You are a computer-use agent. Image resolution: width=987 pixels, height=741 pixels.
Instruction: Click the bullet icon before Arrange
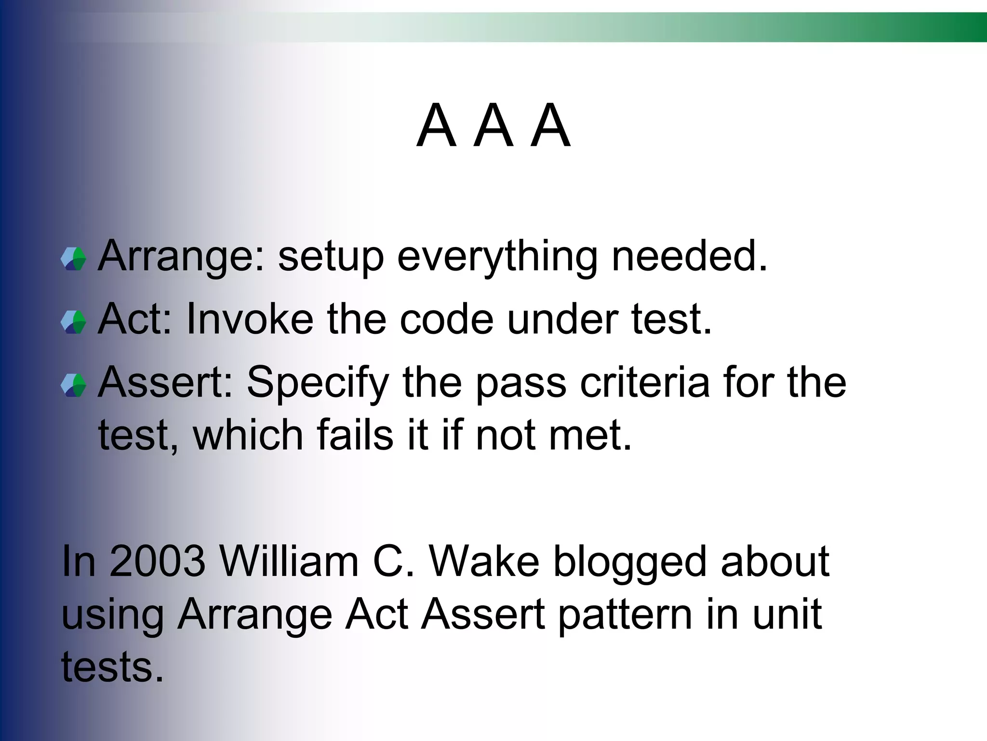[x=74, y=259]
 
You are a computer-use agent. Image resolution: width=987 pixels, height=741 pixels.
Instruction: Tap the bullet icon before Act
[x=74, y=322]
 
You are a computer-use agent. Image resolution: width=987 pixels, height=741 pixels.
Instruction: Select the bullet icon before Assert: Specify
[x=74, y=385]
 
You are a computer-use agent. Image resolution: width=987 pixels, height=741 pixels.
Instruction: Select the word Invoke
[x=249, y=319]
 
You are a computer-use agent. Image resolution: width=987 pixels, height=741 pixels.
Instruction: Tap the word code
[x=446, y=319]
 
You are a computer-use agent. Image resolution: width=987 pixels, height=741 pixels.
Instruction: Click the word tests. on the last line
[x=112, y=667]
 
